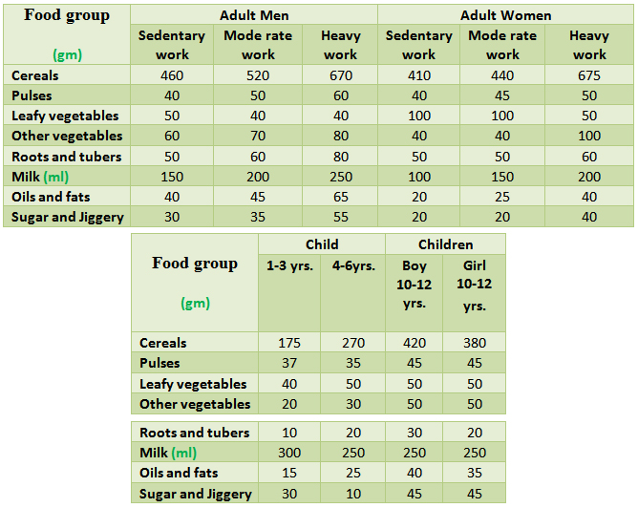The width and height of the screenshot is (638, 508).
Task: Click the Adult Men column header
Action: click(x=254, y=15)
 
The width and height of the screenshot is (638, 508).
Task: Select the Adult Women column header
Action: click(x=505, y=15)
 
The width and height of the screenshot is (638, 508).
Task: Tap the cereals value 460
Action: click(x=172, y=75)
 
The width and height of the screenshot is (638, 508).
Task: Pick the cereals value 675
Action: click(x=588, y=75)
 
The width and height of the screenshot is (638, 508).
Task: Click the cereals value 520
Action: click(x=257, y=75)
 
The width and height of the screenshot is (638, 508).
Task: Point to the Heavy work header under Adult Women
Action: click(x=588, y=45)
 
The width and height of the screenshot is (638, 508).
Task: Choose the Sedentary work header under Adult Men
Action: click(x=172, y=45)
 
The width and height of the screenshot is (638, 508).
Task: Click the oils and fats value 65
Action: click(x=340, y=197)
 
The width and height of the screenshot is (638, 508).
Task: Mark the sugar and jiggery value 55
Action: click(x=340, y=217)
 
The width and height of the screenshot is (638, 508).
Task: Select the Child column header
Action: click(x=322, y=244)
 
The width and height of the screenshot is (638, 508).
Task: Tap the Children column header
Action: click(x=445, y=244)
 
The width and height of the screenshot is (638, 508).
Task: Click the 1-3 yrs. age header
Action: click(x=290, y=266)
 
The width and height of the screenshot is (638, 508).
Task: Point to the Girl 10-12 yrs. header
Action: click(x=474, y=286)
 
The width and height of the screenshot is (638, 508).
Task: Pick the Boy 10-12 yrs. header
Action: click(x=414, y=285)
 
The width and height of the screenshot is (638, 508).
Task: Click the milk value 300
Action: click(x=290, y=453)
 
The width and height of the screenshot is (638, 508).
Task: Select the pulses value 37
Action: click(x=290, y=364)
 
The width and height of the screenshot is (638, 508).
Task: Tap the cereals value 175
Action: click(x=290, y=343)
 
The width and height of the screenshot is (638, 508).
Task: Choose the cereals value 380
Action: click(x=474, y=343)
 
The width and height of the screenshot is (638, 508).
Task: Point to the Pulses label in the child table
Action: click(x=159, y=364)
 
